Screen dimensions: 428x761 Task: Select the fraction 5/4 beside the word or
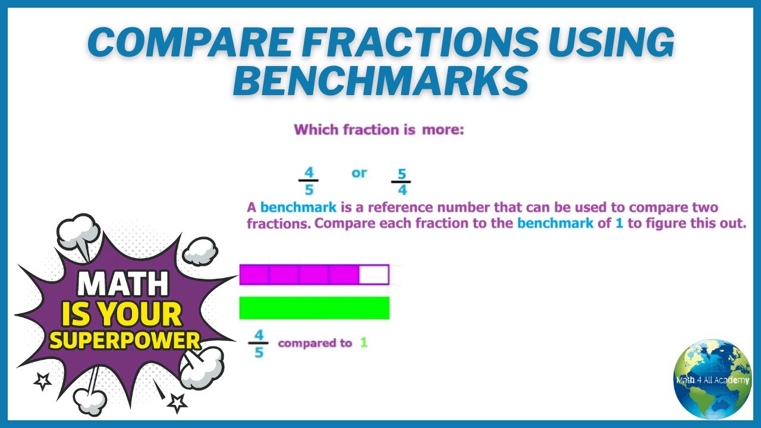(401, 182)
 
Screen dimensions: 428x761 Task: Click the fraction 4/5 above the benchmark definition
(309, 181)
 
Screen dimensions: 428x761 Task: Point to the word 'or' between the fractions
(359, 173)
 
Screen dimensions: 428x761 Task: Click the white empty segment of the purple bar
(374, 275)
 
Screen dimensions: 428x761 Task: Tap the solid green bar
(314, 308)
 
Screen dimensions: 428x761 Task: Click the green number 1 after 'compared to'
(364, 342)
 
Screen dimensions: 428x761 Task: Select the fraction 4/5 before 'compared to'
(259, 343)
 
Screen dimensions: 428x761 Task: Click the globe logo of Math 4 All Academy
(712, 379)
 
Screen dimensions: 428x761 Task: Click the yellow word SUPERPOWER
(125, 339)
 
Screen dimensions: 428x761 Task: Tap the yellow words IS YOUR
(122, 313)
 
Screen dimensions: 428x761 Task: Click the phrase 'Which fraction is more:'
(379, 130)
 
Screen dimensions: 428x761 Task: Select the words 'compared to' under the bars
(315, 343)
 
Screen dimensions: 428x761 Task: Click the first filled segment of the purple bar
(254, 275)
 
